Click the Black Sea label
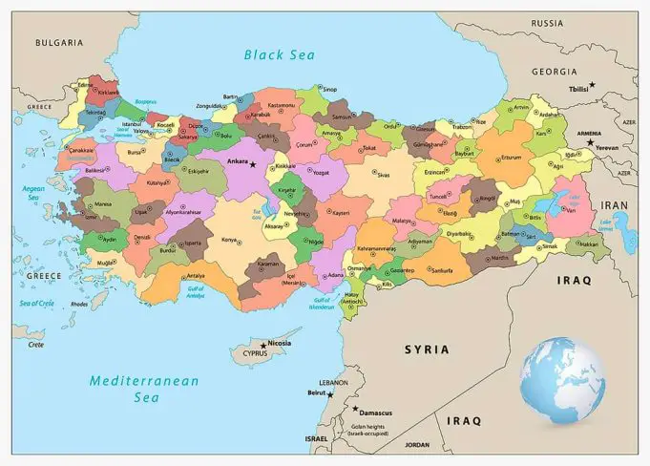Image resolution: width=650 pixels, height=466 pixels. pyautogui.click(x=280, y=54)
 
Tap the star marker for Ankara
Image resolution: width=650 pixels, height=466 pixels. pyautogui.click(x=253, y=164)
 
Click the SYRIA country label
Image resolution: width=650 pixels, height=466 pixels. pyautogui.click(x=426, y=349)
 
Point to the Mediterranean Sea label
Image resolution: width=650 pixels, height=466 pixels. pyautogui.click(x=144, y=389)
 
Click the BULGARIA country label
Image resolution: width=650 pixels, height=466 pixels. pyautogui.click(x=57, y=43)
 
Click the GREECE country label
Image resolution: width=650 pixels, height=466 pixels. pyautogui.click(x=44, y=275)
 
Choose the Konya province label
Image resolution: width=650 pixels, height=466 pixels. pyautogui.click(x=229, y=239)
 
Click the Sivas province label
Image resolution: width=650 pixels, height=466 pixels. pyautogui.click(x=383, y=175)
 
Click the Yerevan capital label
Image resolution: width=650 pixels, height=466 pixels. pyautogui.click(x=607, y=148)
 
